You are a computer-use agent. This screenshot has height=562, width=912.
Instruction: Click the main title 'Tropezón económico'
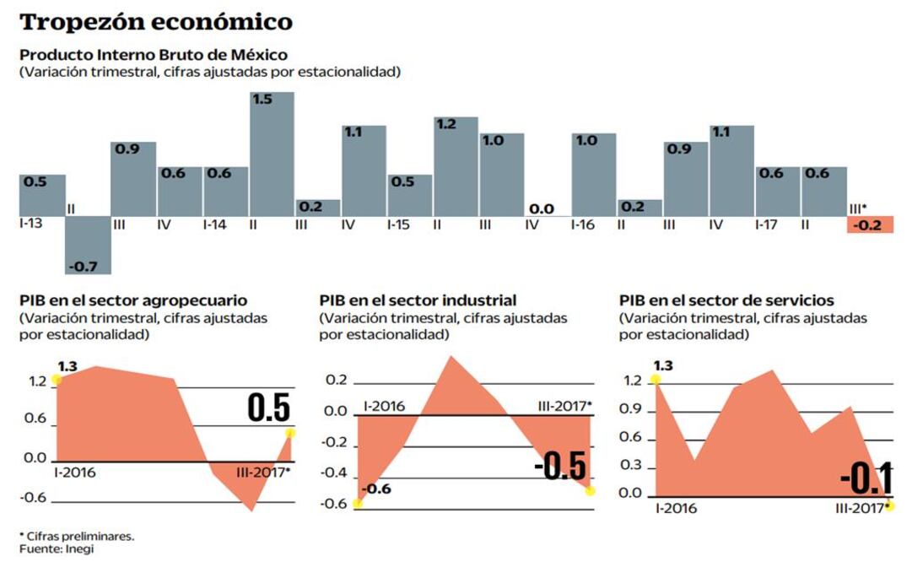click(156, 21)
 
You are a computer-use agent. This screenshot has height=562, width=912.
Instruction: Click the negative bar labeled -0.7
click(88, 245)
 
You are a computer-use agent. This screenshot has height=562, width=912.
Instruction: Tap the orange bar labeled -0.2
click(869, 224)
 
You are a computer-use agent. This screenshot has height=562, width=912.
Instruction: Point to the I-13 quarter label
click(35, 225)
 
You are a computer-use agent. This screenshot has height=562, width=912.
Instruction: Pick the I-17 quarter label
click(769, 225)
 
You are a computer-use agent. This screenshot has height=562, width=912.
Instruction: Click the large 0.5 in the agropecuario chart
click(268, 408)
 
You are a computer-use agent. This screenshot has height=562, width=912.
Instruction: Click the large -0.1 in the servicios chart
click(867, 479)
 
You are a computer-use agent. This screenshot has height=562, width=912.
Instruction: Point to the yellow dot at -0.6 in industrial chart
click(358, 504)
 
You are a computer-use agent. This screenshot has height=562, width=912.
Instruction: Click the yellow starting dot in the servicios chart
click(656, 381)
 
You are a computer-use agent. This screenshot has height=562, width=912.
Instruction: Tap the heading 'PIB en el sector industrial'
click(418, 300)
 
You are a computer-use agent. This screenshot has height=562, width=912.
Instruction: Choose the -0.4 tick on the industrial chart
click(335, 473)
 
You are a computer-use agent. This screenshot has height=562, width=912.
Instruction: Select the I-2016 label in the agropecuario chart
click(74, 472)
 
